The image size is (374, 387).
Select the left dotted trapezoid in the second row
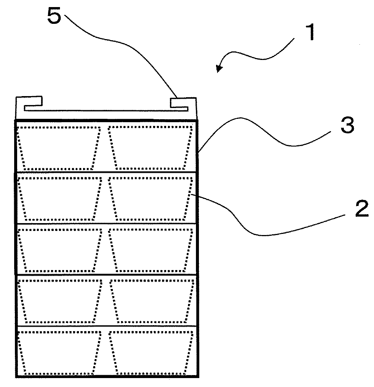pos(60,198)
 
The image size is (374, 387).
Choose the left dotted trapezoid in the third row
pos(60,250)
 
